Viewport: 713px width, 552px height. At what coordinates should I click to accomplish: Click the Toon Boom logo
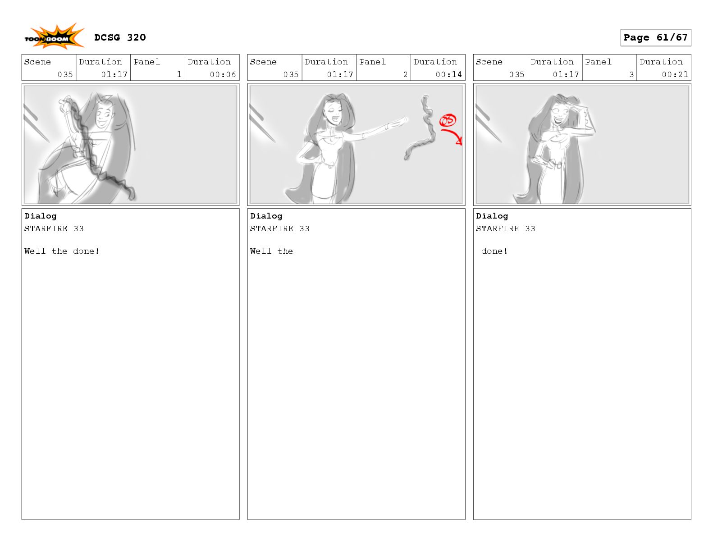[54, 36]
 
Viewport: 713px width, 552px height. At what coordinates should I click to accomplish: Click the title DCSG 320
[120, 37]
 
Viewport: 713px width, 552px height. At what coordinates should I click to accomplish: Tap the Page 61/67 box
[655, 37]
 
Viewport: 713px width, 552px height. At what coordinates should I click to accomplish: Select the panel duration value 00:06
[223, 74]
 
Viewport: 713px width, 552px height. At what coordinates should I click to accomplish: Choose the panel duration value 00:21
[675, 74]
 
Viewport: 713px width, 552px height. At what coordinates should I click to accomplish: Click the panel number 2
[405, 74]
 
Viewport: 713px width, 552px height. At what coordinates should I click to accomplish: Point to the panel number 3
[631, 74]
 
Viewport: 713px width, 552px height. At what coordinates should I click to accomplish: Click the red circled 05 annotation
[448, 120]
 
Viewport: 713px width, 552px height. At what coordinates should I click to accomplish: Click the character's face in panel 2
[334, 113]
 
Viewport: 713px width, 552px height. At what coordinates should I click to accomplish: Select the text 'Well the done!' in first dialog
[62, 251]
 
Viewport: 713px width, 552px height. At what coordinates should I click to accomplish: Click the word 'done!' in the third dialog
[494, 251]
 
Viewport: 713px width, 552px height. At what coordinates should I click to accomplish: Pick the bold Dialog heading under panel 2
[266, 216]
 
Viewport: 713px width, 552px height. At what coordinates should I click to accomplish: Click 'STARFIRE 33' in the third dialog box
[505, 228]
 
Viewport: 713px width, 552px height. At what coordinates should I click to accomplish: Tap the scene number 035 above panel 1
[65, 74]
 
